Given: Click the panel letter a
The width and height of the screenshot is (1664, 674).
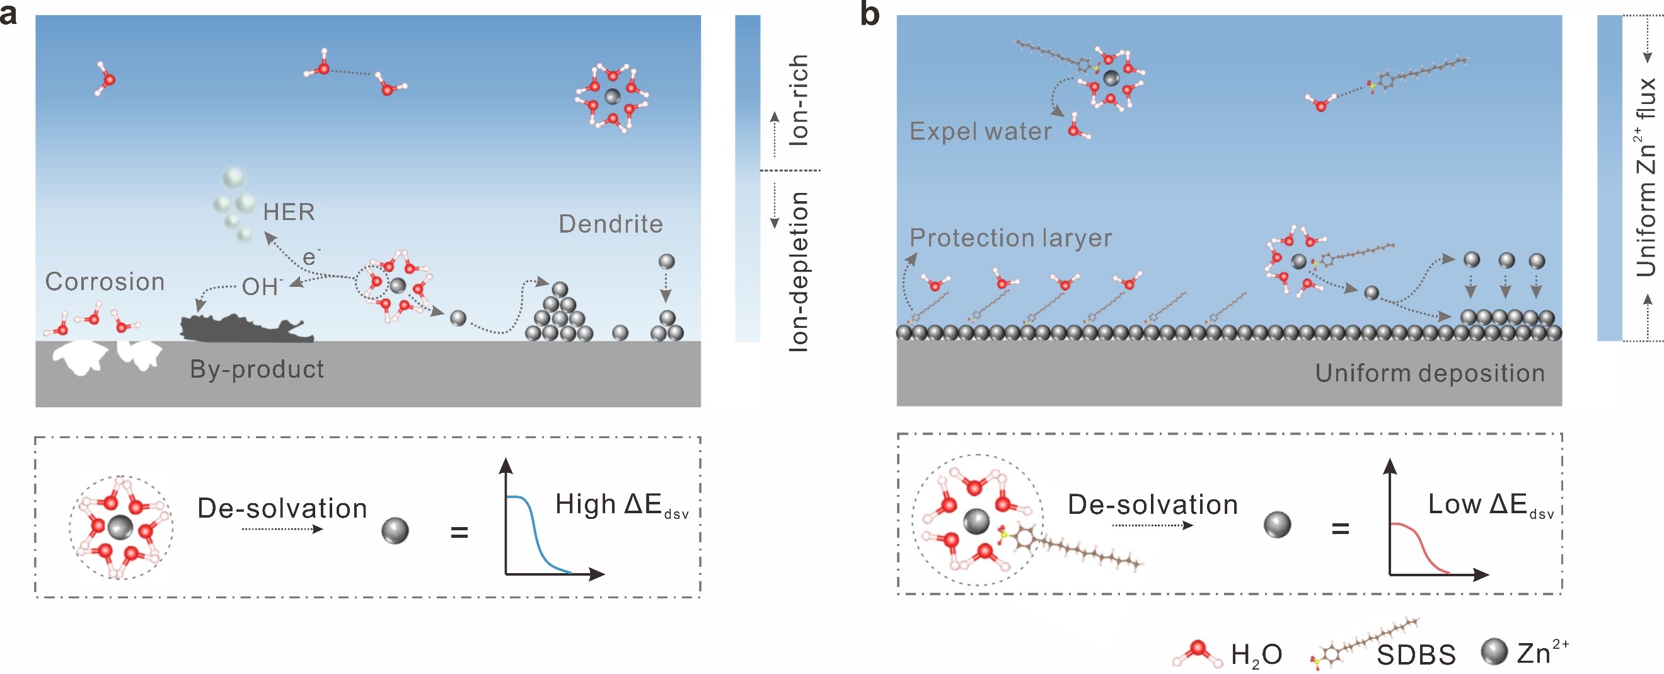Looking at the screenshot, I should pos(8,15).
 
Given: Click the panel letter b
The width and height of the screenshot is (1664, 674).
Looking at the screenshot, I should pos(870,15).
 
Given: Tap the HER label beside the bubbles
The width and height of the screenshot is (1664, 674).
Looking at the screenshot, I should pos(289,212).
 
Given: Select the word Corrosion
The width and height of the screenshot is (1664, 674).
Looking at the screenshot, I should pos(105,282).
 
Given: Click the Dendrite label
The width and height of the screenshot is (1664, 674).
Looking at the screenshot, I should pos(610,224).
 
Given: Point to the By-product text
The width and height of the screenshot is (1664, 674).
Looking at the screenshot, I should pos(257,369).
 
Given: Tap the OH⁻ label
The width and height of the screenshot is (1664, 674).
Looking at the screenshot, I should pos(262,286).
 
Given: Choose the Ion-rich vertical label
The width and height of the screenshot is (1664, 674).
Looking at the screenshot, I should pos(799,100).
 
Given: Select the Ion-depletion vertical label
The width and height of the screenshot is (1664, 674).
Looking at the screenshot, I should pos(799,271).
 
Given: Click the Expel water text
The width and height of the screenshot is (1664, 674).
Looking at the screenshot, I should pos(981,132).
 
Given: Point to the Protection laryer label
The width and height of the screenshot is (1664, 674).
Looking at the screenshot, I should pos(1010,238).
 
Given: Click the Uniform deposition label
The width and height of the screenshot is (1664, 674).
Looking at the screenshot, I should pos(1430,373).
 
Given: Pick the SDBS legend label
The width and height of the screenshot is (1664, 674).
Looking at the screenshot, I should pos(1416,655).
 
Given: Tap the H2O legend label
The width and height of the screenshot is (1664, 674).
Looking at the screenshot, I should pos(1256,655).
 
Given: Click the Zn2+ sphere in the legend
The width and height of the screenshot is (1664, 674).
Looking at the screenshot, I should pos(1493,652).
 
